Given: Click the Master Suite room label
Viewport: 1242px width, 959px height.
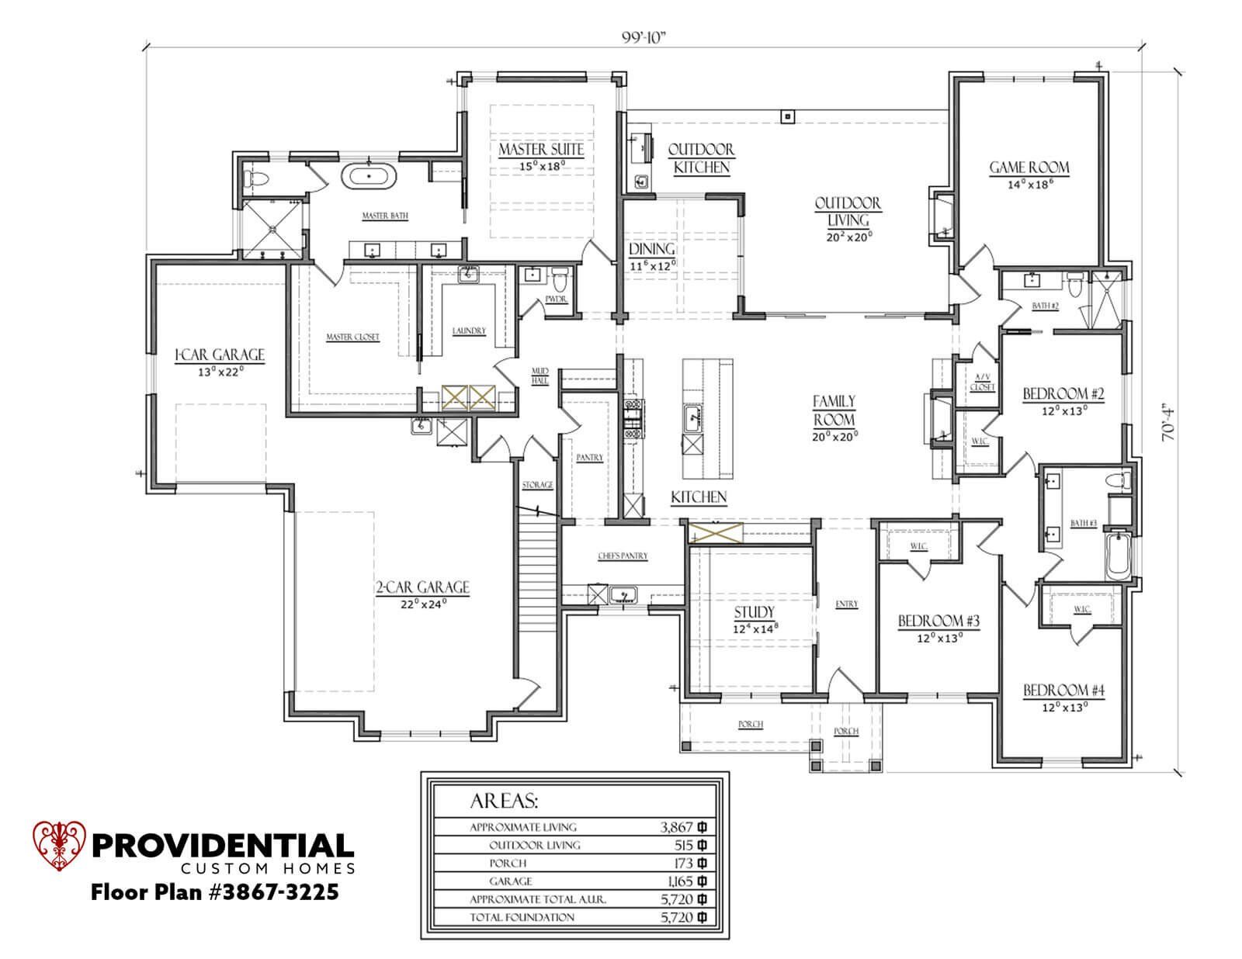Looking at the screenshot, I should tap(541, 149).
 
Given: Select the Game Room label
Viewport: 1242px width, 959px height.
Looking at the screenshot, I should tap(1029, 168).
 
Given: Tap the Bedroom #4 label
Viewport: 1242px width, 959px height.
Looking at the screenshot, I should tap(1063, 691).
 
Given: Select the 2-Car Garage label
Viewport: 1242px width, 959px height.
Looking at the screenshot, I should tap(422, 587).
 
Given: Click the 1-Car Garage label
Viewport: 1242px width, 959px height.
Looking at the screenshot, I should tap(220, 355).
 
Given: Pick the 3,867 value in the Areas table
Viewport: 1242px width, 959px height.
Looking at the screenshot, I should tap(672, 827).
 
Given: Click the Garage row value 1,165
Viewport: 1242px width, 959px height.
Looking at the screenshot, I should tap(678, 881).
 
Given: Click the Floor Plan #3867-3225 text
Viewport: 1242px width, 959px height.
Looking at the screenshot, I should tap(215, 892).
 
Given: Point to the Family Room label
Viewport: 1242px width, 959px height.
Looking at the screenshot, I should tap(834, 410).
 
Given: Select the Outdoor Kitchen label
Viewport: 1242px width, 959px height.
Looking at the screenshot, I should tap(701, 158).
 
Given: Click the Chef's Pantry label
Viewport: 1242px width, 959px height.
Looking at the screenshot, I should tap(623, 556).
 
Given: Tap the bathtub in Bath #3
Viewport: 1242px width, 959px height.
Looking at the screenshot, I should tap(1118, 555).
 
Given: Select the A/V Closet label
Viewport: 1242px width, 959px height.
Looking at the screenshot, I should tap(982, 382).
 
